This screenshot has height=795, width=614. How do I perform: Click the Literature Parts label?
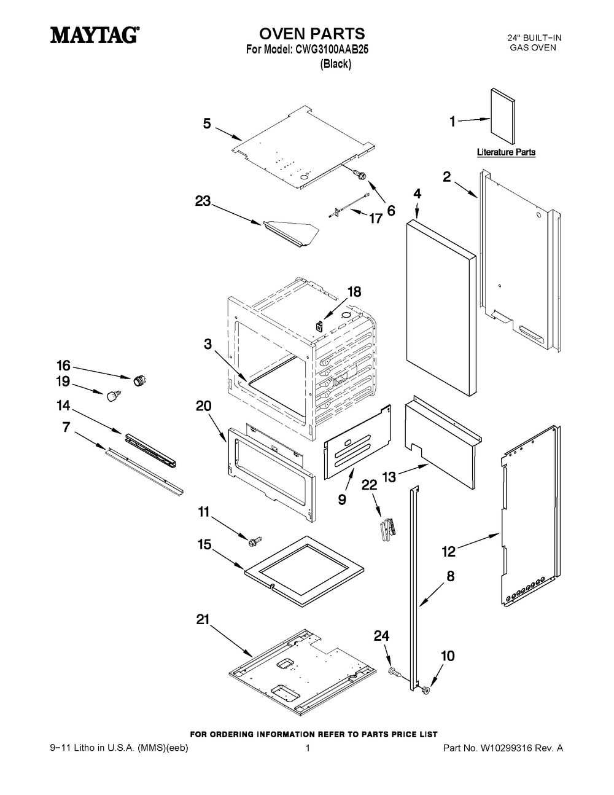click(x=506, y=152)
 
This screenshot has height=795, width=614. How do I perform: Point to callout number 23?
click(x=203, y=200)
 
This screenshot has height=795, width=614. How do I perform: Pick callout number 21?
click(x=203, y=621)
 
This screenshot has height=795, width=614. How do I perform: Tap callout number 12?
click(x=449, y=551)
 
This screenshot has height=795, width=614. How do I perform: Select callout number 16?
click(x=64, y=364)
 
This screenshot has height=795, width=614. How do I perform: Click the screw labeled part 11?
click(x=253, y=540)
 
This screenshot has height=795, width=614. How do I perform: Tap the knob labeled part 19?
click(x=112, y=396)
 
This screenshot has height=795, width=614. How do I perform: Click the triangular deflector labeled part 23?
click(x=291, y=232)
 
